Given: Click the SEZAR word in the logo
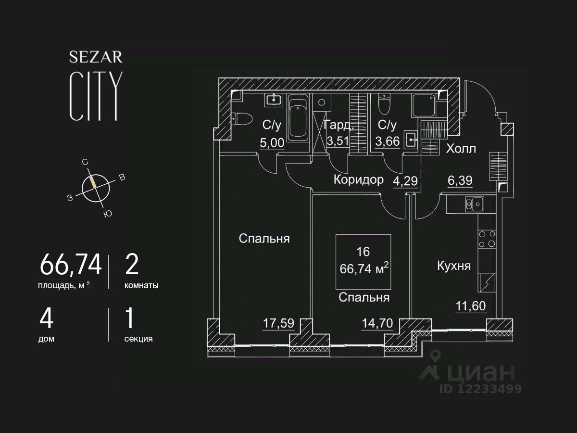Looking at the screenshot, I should pyautogui.click(x=96, y=58).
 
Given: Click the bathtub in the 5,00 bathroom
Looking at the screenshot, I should pyautogui.click(x=298, y=117).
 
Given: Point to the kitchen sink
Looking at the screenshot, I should pyautogui.click(x=474, y=204).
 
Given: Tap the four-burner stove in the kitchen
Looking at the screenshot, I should pyautogui.click(x=487, y=239).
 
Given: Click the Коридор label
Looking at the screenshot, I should pyautogui.click(x=359, y=180).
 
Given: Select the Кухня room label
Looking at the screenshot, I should pyautogui.click(x=453, y=266).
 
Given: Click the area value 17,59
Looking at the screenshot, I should pyautogui.click(x=278, y=323).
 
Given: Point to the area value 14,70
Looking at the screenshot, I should pyautogui.click(x=377, y=323).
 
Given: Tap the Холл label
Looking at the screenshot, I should pyautogui.click(x=461, y=149).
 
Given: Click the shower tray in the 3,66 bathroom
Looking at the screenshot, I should pyautogui.click(x=424, y=105).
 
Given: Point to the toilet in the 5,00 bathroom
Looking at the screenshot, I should pyautogui.click(x=242, y=118).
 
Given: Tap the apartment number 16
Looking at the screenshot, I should pyautogui.click(x=363, y=252).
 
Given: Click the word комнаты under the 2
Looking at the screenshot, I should pyautogui.click(x=141, y=285).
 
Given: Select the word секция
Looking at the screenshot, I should pyautogui.click(x=138, y=339).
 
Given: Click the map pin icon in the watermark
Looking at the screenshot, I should pyautogui.click(x=436, y=358).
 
